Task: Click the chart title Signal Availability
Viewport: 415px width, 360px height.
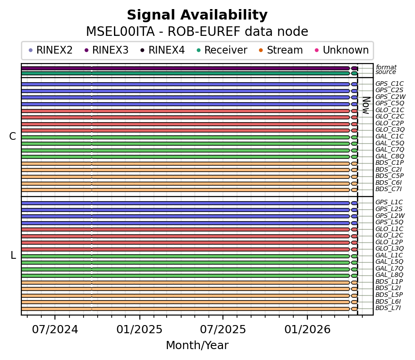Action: (197, 15)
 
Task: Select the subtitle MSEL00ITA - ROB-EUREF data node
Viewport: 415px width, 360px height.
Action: (197, 32)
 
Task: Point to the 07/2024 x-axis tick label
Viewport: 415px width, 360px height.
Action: (55, 329)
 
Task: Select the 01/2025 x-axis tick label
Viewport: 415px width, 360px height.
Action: (139, 329)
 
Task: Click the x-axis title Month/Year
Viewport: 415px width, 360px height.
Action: (197, 346)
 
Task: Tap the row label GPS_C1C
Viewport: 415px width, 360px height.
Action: (389, 84)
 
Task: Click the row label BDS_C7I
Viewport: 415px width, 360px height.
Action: (388, 189)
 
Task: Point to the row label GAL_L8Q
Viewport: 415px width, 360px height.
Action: (389, 275)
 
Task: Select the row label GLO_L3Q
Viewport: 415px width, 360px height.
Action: (389, 249)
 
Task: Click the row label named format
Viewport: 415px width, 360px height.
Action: (386, 68)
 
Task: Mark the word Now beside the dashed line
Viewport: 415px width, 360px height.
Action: (366, 105)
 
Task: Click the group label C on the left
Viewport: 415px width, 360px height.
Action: (13, 137)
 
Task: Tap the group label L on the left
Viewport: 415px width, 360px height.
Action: (13, 256)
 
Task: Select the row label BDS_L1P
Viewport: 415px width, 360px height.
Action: (389, 282)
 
